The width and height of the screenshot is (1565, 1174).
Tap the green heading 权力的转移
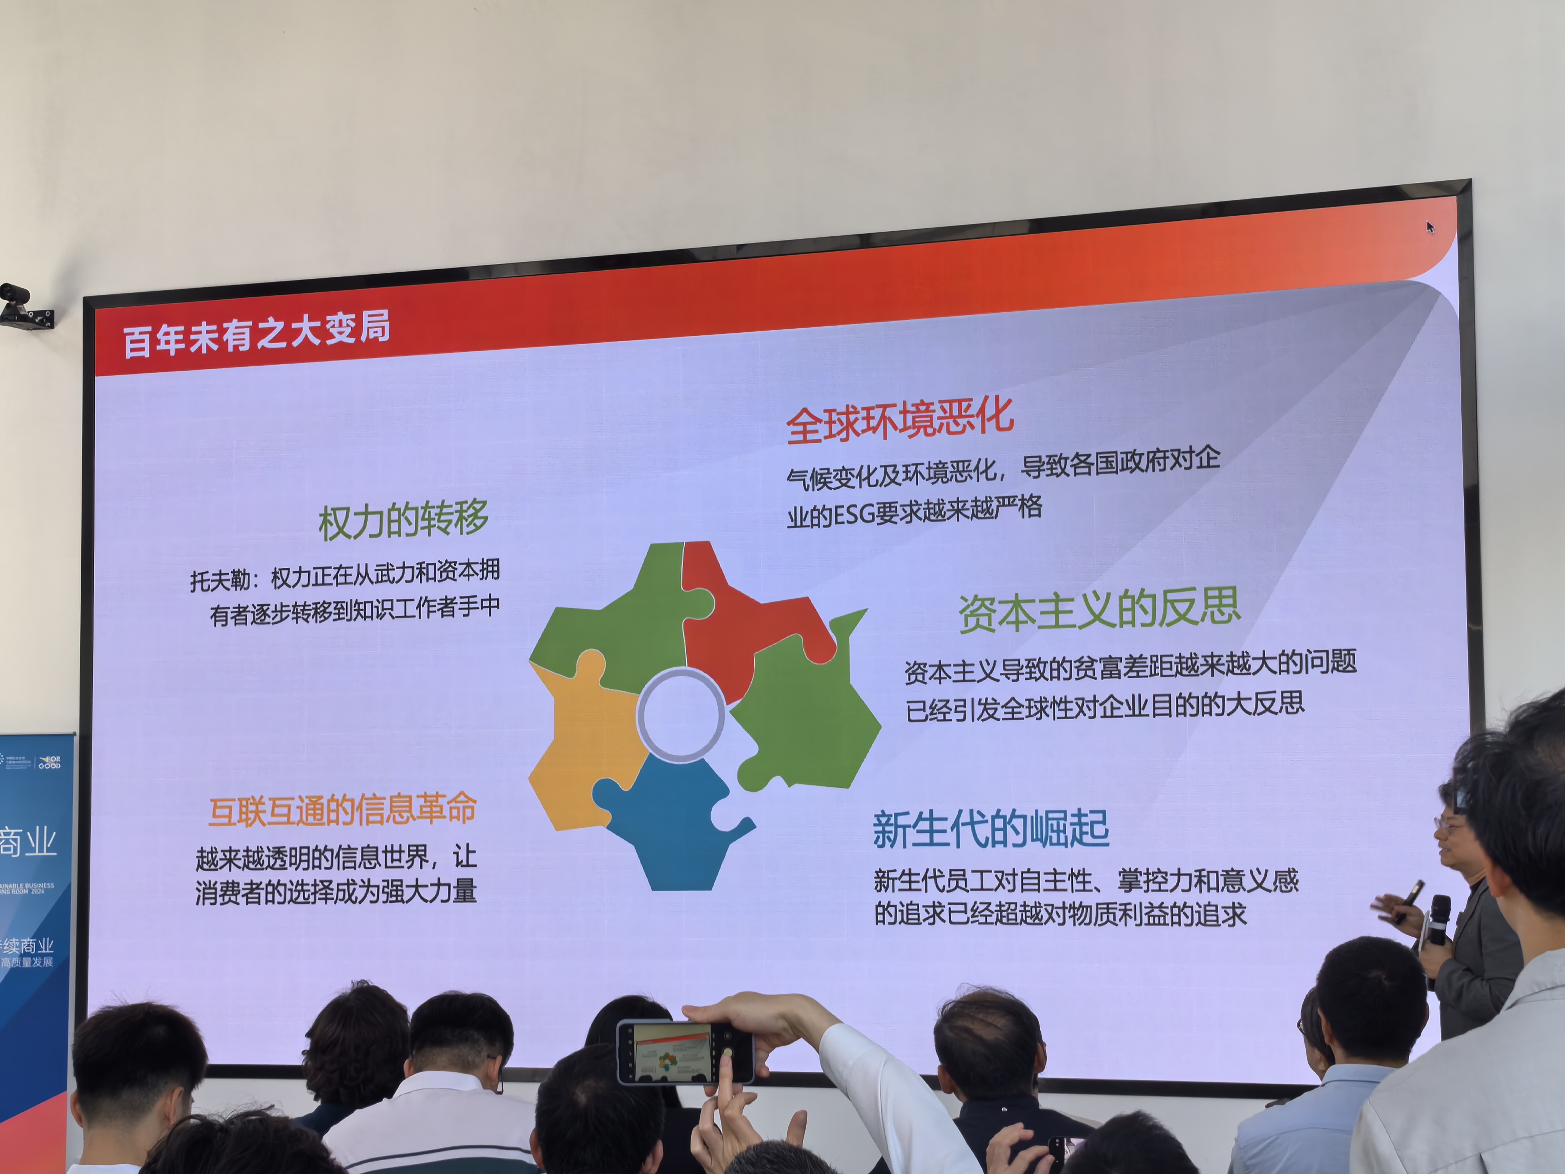coord(403,520)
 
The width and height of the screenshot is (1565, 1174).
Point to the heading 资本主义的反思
coord(1099,610)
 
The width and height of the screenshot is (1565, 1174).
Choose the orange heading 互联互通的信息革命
coord(342,810)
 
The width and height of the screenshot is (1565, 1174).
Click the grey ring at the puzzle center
coord(681,715)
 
